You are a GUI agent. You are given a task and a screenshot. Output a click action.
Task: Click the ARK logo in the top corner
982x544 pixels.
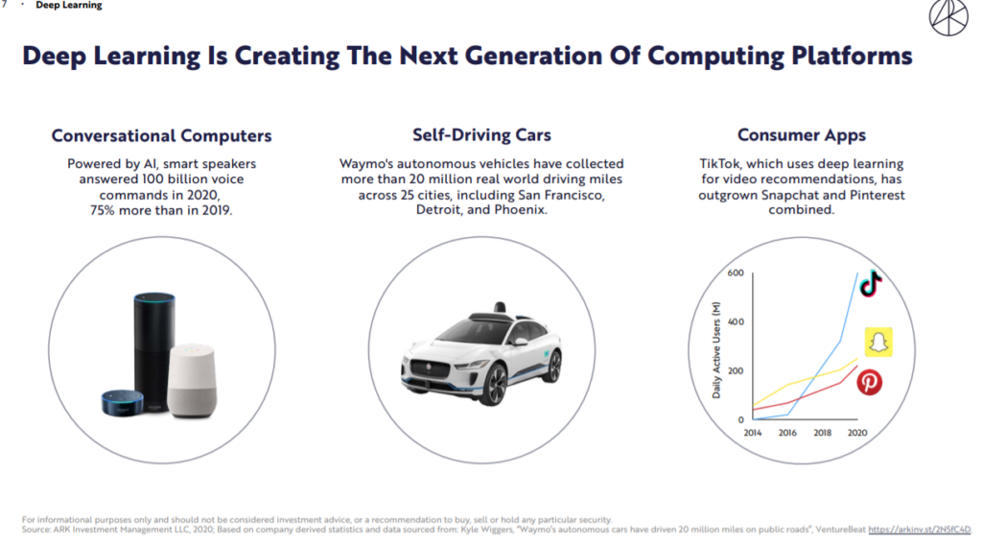(948, 17)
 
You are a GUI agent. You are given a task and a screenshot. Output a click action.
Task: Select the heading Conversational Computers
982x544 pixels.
(161, 135)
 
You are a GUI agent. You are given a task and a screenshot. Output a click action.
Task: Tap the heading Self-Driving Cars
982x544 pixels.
(481, 134)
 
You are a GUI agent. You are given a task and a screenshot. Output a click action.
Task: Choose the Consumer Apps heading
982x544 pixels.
(802, 134)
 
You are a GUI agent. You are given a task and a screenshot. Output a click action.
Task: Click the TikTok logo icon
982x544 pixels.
(871, 284)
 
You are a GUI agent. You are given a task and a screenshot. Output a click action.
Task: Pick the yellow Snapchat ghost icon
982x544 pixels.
(878, 343)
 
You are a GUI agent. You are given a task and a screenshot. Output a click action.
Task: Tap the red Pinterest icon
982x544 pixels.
(869, 382)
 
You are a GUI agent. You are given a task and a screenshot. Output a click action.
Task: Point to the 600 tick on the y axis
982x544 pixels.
(736, 273)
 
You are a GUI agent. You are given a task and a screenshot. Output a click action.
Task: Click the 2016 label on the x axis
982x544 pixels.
(787, 433)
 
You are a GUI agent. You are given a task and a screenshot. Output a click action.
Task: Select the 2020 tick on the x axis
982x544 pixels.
(857, 433)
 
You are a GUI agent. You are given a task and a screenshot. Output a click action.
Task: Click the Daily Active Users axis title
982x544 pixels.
(716, 350)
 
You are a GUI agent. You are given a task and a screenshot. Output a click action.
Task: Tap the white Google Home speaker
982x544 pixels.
(193, 380)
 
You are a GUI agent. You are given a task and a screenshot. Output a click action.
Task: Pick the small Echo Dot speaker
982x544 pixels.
(123, 403)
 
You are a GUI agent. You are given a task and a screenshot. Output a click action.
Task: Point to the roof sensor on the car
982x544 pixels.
(499, 308)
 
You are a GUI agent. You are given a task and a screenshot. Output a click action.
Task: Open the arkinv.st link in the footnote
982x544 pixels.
(920, 530)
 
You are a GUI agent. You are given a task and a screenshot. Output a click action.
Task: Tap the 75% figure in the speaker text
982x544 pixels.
(103, 210)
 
